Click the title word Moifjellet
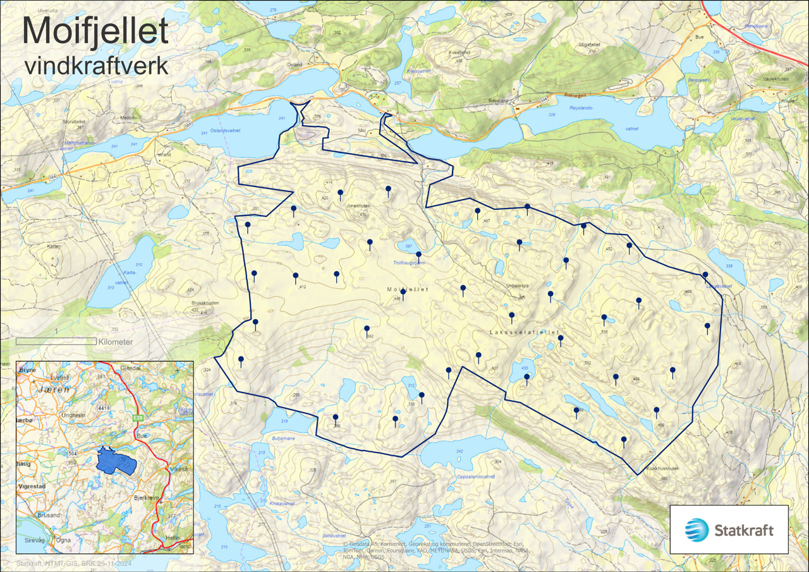tap(95, 31)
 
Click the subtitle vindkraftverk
tap(96, 66)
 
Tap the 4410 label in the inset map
tap(104, 408)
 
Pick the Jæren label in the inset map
tap(49, 391)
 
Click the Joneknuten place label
tap(358, 206)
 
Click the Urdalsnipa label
tap(517, 286)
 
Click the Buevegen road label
tap(574, 95)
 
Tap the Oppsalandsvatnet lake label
tap(475, 477)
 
